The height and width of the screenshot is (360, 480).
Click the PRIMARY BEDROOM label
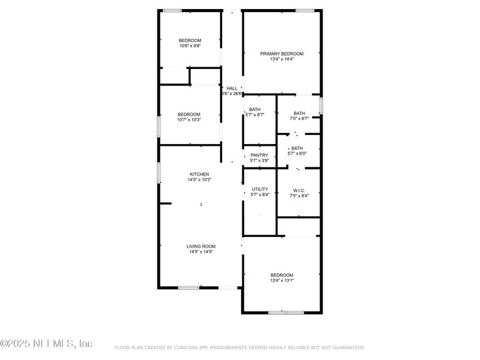281,53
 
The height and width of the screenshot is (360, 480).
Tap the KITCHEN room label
199,174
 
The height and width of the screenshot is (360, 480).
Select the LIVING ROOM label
200,246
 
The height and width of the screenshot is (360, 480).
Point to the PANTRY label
259,155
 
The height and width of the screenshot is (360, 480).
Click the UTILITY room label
260,189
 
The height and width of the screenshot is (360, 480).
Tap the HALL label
232,88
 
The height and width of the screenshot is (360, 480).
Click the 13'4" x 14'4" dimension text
281,59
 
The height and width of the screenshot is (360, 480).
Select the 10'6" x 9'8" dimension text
190,46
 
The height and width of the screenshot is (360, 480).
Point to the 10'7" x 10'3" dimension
188,119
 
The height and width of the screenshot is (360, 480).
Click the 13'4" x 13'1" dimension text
281,280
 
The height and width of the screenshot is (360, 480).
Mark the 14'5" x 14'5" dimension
200,252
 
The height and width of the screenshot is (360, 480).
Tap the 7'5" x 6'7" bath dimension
299,119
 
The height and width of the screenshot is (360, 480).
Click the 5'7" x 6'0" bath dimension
298,154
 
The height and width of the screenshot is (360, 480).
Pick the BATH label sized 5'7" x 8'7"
255,109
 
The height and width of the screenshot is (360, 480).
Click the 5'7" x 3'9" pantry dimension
259,160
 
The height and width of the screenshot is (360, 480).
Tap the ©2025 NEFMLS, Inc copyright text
46,344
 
